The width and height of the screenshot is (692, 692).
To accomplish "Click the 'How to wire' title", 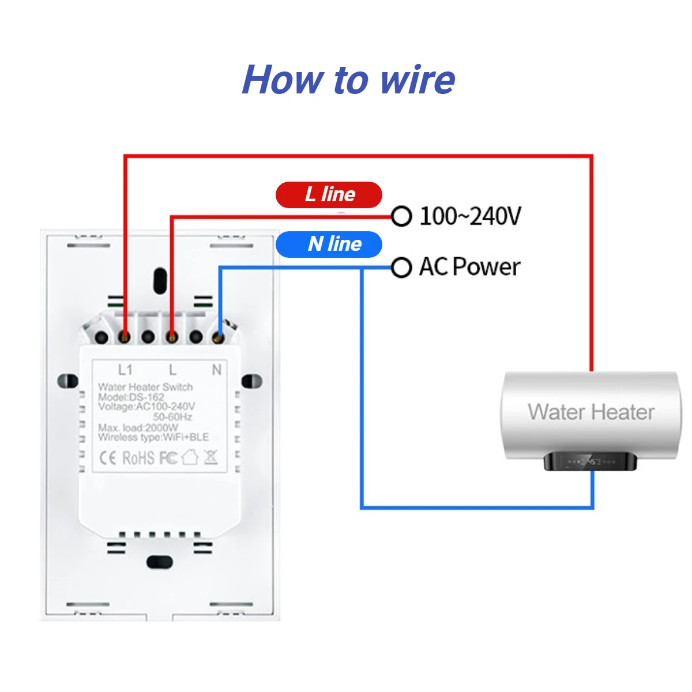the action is click(x=348, y=80).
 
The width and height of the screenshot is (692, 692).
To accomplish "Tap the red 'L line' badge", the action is click(x=329, y=195).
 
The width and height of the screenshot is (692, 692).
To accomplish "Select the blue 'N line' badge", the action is click(x=329, y=244).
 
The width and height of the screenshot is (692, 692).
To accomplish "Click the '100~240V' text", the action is click(x=470, y=216).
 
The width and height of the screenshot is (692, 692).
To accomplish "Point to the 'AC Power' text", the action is click(x=470, y=267).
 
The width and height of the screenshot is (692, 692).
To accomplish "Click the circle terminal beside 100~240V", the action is click(x=401, y=216).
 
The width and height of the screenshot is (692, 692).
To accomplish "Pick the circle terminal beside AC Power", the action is click(x=401, y=268).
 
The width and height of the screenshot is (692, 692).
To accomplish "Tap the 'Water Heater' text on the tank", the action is click(x=591, y=412).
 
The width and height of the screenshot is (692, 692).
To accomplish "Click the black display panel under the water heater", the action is click(x=590, y=461).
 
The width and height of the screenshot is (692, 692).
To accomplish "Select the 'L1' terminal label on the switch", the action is click(x=125, y=370).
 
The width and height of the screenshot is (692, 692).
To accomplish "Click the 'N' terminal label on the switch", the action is click(x=217, y=370).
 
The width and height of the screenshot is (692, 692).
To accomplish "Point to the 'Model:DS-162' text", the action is click(x=131, y=397).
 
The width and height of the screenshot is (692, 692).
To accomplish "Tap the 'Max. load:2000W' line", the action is click(x=138, y=428).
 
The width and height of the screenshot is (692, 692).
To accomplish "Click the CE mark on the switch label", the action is click(x=108, y=458).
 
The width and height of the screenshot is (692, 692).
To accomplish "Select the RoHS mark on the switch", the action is click(x=138, y=458).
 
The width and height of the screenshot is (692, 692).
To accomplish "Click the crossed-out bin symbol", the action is click(x=211, y=457).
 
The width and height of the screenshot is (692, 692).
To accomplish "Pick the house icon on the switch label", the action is click(x=190, y=457).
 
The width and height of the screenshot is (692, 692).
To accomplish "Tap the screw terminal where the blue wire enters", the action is click(x=218, y=337).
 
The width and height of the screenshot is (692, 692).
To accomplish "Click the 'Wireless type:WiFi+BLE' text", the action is click(x=153, y=437).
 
